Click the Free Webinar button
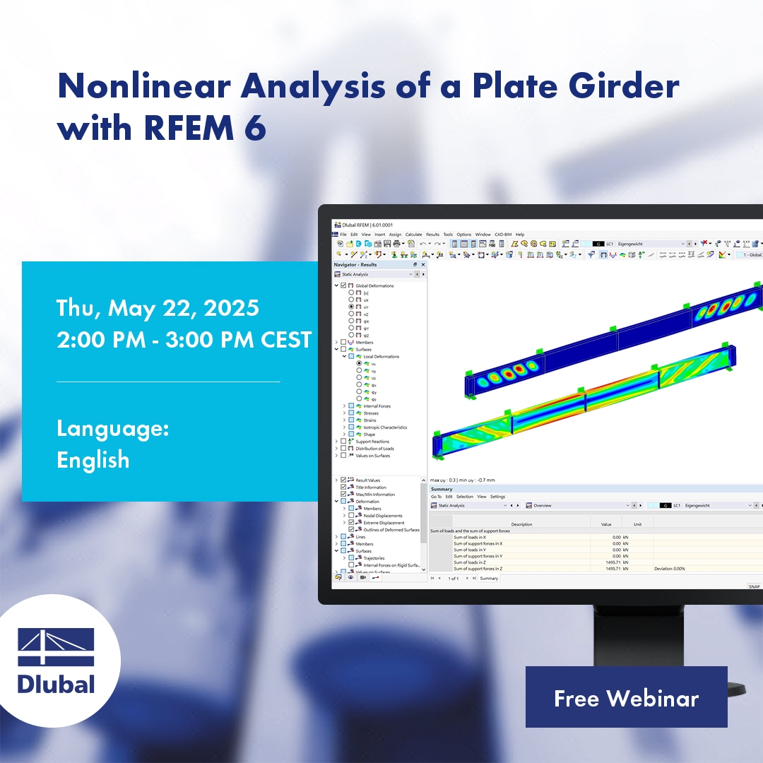626,697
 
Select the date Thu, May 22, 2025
158,308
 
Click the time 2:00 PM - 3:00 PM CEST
184,340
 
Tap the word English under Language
93,460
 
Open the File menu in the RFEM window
343,235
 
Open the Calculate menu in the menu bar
413,235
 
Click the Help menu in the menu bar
520,235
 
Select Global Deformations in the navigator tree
374,286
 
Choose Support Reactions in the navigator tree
372,442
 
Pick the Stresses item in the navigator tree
372,413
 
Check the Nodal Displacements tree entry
383,516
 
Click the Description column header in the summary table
521,524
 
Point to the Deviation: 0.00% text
669,569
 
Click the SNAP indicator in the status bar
754,586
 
